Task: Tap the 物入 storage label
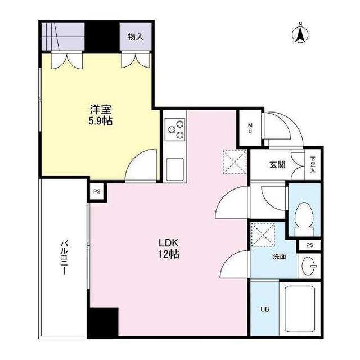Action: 135,37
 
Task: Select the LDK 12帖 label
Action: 168,248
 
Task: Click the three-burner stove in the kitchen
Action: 175,130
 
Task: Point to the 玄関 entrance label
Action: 276,165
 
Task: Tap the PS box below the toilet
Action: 308,245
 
